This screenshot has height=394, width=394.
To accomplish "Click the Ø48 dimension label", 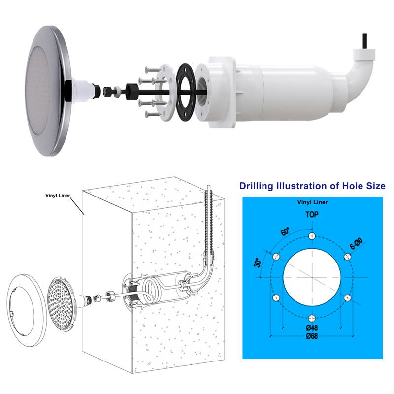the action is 312,328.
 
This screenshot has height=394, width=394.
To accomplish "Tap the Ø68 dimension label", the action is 312,336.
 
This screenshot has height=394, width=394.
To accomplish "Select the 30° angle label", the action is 257,263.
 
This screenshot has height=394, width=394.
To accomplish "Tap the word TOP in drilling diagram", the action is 312,214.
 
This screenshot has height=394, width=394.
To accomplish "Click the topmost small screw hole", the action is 312,236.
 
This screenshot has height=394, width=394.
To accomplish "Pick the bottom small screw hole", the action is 312,318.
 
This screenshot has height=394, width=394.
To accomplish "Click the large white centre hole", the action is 312,277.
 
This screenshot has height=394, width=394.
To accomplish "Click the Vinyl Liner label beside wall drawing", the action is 58,195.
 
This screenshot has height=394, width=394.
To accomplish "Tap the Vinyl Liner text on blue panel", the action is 312,202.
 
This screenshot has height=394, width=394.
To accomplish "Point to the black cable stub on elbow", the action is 364,41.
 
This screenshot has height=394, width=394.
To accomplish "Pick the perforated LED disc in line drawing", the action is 60,305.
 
